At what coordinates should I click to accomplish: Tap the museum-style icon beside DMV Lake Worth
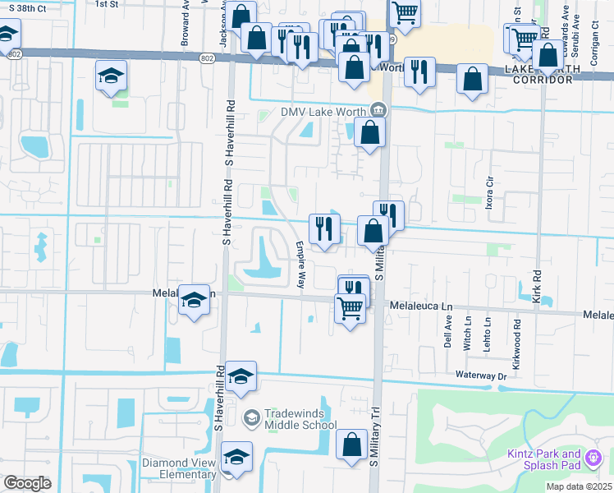378,108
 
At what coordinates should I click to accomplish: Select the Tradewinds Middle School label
300,419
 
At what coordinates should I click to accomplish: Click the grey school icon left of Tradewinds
251,418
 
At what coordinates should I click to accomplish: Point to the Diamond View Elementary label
179,468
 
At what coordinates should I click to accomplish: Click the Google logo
27,483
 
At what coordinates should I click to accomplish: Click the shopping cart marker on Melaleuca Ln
350,309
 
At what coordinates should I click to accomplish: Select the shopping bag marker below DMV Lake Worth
370,132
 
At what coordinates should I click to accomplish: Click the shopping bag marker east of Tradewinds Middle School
351,445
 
